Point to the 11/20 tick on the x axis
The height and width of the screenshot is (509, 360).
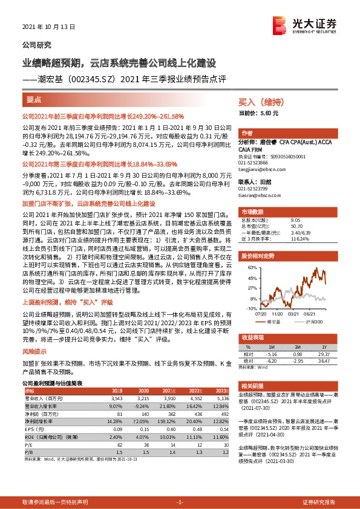tap(278, 313)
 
